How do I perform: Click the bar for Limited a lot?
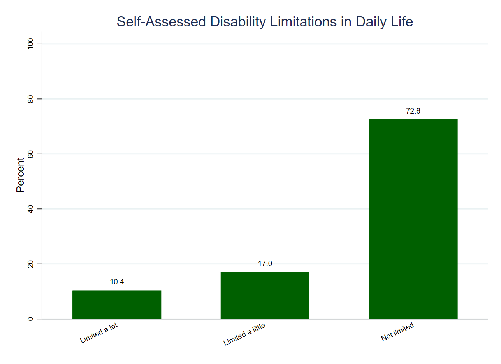click(117, 304)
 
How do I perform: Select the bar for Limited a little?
click(265, 296)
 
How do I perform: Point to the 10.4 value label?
click(117, 282)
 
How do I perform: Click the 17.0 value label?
click(265, 264)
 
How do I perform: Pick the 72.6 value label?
click(413, 111)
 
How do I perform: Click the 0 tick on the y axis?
click(29, 319)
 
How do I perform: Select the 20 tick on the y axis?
click(29, 264)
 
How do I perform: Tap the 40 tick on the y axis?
click(29, 209)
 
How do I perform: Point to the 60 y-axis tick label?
click(29, 154)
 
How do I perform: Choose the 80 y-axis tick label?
click(29, 99)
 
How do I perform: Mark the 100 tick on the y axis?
click(29, 44)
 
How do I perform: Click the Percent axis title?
click(20, 175)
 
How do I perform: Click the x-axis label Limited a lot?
click(99, 333)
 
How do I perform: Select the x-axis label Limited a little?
click(244, 334)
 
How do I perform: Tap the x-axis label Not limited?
click(397, 332)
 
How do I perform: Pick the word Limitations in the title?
click(301, 22)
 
